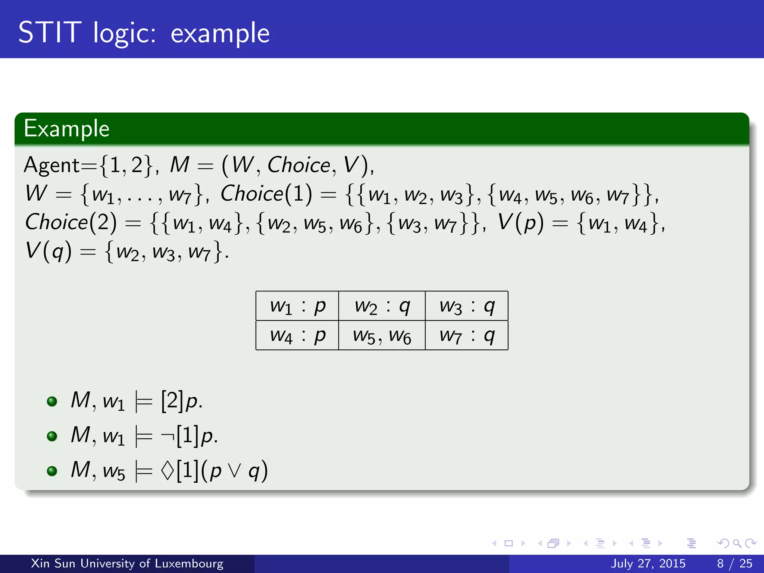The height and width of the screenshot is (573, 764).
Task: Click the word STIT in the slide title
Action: coord(50,32)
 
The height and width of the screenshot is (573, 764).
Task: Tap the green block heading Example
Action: coord(66,129)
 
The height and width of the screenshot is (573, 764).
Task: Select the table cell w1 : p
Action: coord(297,306)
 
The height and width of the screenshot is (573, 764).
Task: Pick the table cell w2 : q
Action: coord(382,306)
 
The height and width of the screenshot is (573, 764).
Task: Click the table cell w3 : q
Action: coord(467,306)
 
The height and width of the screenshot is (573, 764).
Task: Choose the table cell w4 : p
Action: coord(297,335)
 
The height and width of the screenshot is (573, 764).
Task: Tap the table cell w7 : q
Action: coord(467,335)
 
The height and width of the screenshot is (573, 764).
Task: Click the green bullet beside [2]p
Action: coord(52,401)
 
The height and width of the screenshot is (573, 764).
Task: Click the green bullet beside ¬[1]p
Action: coord(52,436)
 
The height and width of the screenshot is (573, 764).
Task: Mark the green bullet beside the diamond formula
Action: coord(52,471)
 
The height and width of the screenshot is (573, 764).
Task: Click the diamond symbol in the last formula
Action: coord(167,470)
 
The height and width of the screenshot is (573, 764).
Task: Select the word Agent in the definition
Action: coord(51,165)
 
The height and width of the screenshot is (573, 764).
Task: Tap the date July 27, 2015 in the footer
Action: coord(648,563)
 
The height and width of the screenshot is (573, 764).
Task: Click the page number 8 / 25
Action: coord(735,563)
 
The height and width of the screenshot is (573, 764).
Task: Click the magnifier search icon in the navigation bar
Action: coord(737,544)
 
